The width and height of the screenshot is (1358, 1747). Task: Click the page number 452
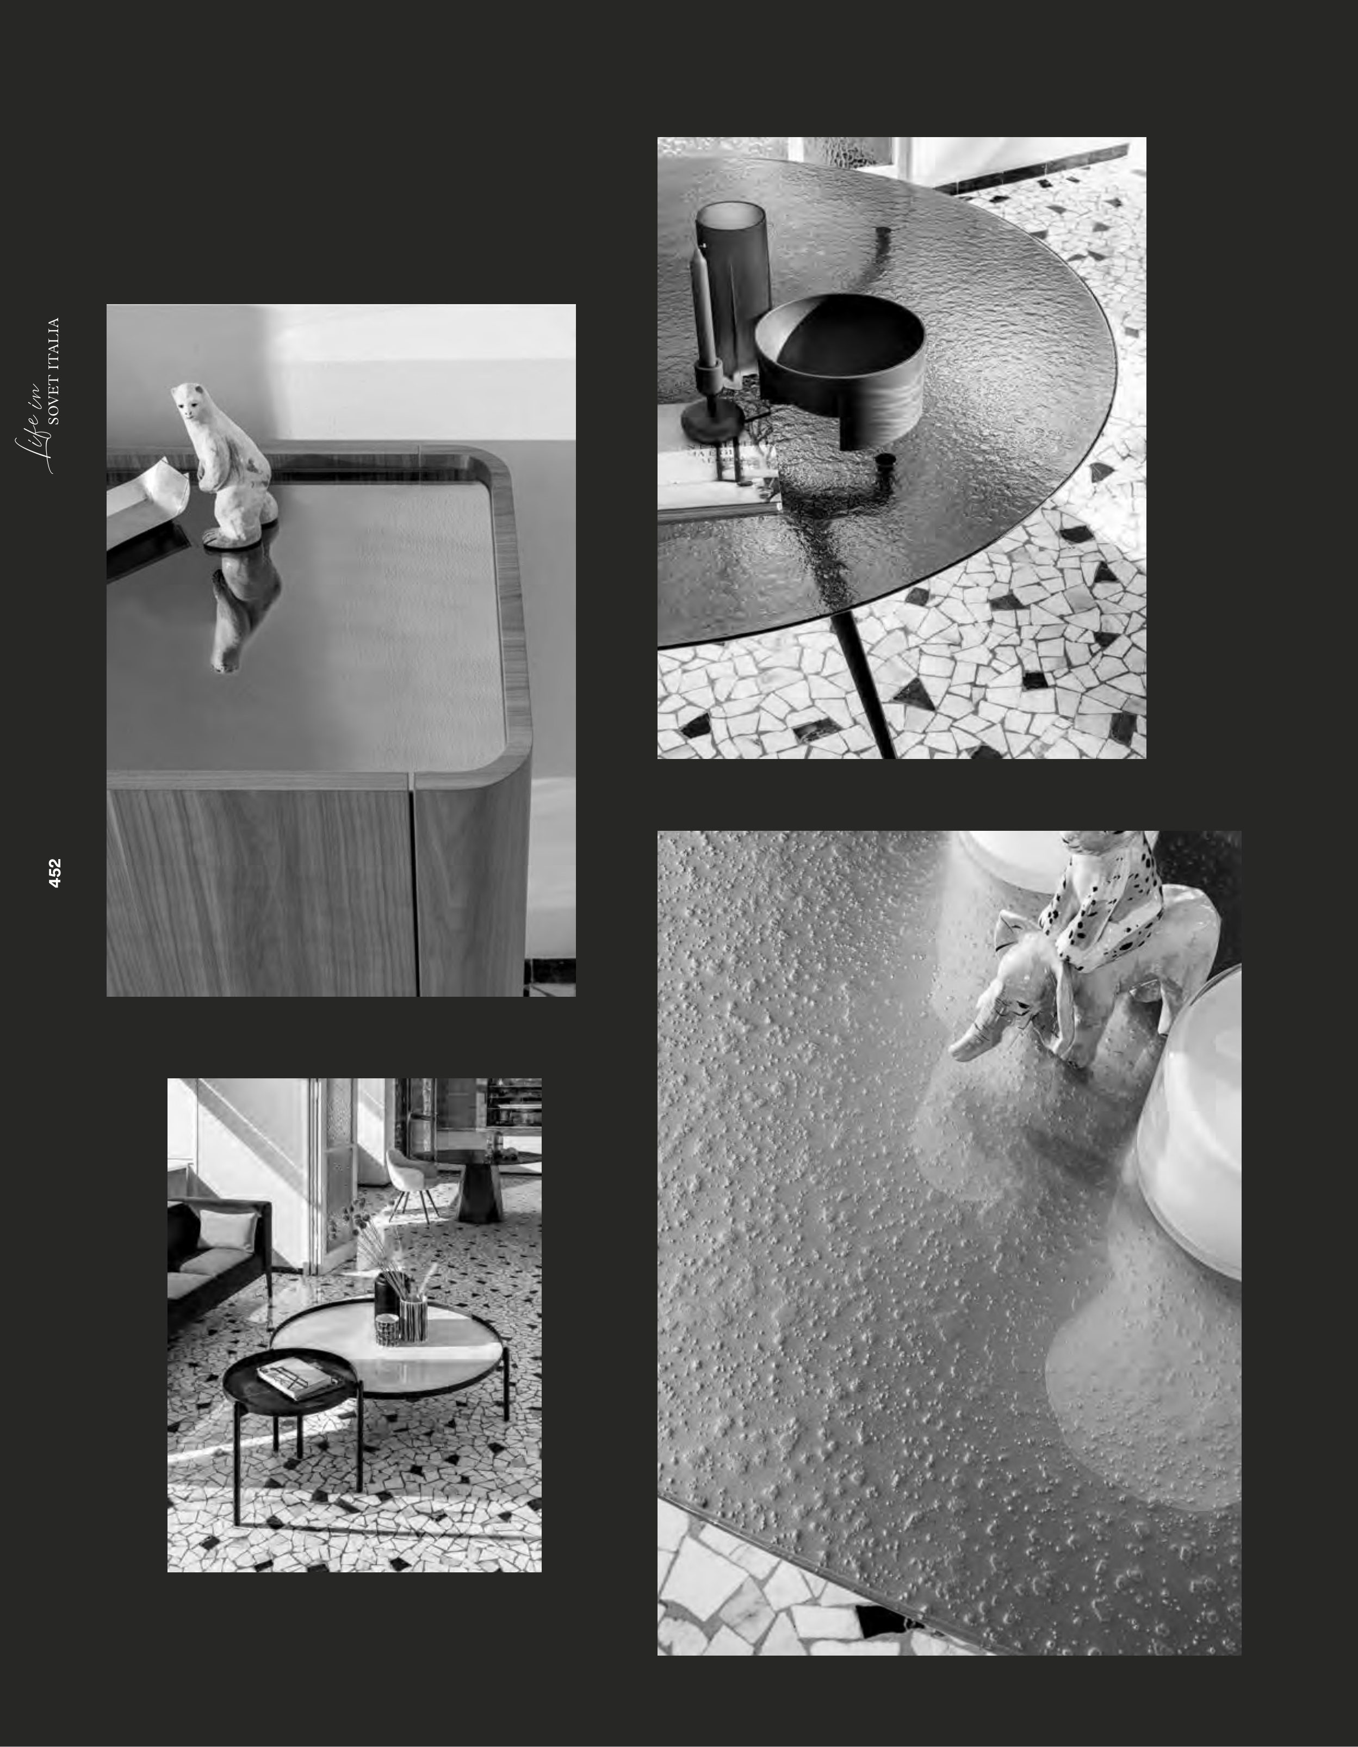tap(54, 873)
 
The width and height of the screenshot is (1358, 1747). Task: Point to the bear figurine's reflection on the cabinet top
tap(244, 608)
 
